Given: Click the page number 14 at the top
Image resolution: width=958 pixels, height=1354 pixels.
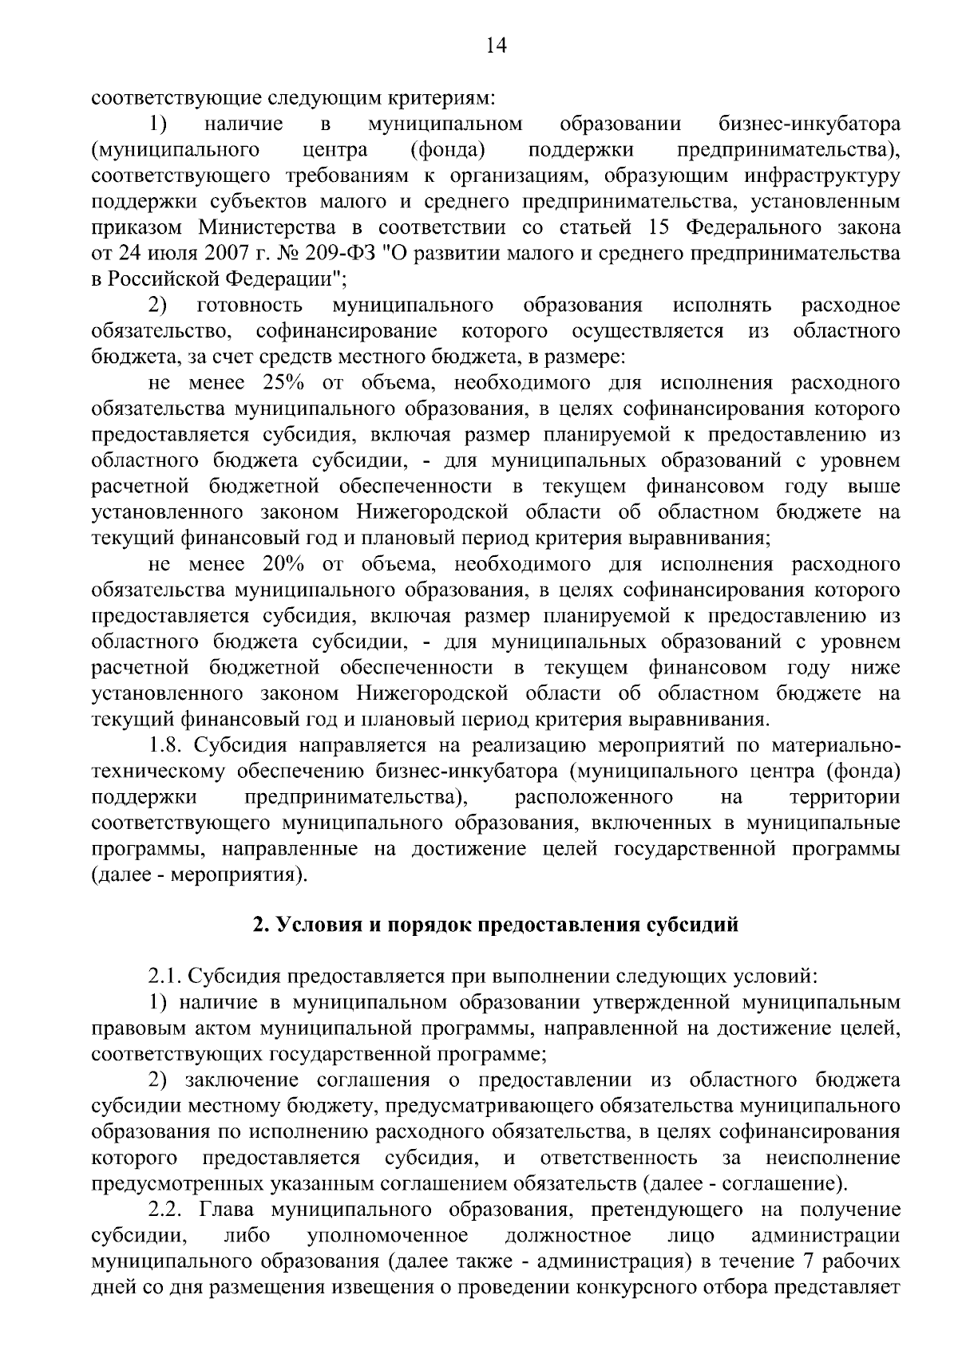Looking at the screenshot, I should coord(496,46).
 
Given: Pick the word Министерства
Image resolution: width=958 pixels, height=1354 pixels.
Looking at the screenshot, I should coord(274,228).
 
